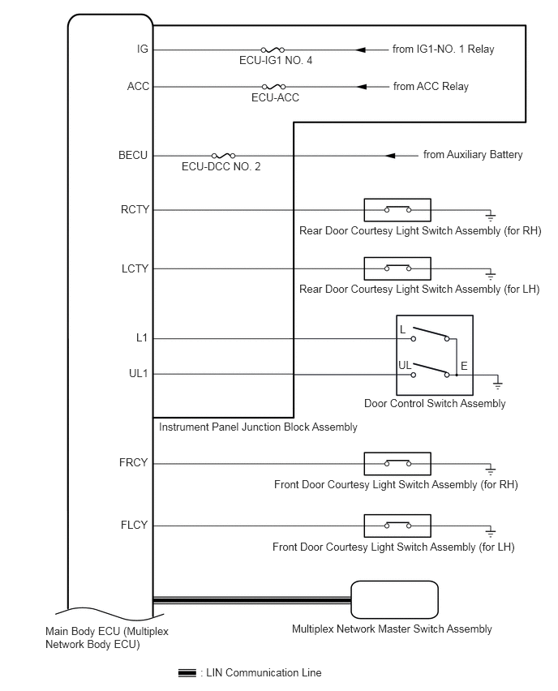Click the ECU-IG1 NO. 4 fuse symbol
pyautogui.click(x=273, y=49)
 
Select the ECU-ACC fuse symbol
pyautogui.click(x=273, y=86)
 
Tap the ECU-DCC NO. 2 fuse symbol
pyautogui.click(x=224, y=155)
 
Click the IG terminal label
pyautogui.click(x=143, y=49)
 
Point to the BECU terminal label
pyautogui.click(x=133, y=155)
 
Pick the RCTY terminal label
pyautogui.click(x=135, y=209)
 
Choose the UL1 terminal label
pyautogui.click(x=139, y=374)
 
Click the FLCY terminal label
pyautogui.click(x=134, y=525)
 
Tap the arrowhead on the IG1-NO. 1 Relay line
pyautogui.click(x=361, y=49)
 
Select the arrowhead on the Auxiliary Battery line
pyautogui.click(x=390, y=156)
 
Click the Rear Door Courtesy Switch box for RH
pyautogui.click(x=397, y=210)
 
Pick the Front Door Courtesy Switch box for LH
pyautogui.click(x=397, y=526)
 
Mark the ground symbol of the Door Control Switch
pyautogui.click(x=497, y=383)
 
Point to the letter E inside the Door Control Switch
pyautogui.click(x=464, y=366)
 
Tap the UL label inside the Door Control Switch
pyautogui.click(x=405, y=365)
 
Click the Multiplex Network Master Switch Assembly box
pyautogui.click(x=394, y=600)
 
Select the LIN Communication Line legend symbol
pyautogui.click(x=187, y=673)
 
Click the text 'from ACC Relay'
pyautogui.click(x=431, y=86)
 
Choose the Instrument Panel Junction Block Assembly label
pyautogui.click(x=258, y=427)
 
